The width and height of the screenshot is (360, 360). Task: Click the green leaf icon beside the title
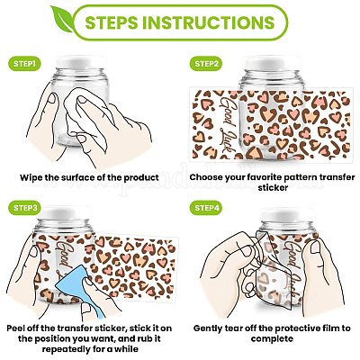pos(61,19)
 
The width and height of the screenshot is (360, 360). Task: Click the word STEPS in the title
pos(112,22)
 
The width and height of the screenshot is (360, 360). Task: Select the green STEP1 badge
pos(24,64)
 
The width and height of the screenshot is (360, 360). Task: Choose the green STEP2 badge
pos(206,64)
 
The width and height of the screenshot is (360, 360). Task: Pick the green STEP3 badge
pos(25,208)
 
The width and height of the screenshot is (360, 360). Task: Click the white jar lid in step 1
pos(81,62)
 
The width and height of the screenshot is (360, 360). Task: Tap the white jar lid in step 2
pos(272,63)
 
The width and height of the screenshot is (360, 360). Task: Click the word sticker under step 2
pos(273,188)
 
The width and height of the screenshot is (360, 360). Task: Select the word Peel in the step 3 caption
pos(15,328)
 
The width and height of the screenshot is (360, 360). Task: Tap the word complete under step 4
pos(272,339)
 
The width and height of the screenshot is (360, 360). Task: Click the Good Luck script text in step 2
pos(229,125)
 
